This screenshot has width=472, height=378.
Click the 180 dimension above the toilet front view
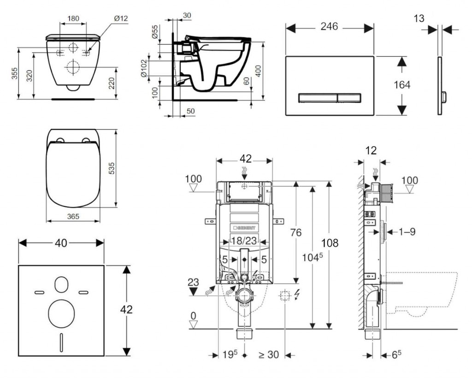(73, 18)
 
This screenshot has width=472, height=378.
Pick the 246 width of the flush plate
(329, 27)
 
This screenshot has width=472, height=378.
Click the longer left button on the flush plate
(318, 97)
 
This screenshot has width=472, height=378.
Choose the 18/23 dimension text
(244, 240)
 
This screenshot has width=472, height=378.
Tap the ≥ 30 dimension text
(268, 355)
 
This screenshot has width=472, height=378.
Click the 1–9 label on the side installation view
(406, 232)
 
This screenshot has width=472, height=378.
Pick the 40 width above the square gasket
(60, 242)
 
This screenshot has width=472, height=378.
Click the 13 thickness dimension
(419, 18)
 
